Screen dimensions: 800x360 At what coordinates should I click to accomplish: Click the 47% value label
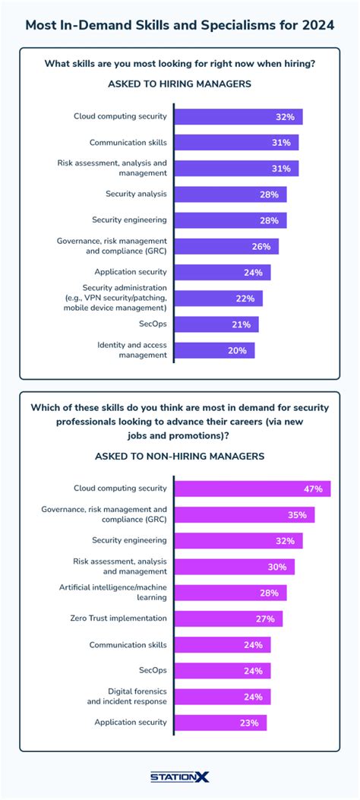pos(313,489)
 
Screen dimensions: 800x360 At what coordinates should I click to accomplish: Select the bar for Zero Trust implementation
pos(228,618)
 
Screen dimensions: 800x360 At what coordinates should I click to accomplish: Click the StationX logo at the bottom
pos(179,776)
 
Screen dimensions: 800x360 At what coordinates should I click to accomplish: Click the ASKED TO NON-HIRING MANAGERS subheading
pos(179,456)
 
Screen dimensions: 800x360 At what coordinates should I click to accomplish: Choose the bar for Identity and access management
pos(214,350)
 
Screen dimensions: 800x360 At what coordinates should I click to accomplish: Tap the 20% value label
pos(237,350)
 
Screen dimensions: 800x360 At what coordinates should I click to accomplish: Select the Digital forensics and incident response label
pos(125,696)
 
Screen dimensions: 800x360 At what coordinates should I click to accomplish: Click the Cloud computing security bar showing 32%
pos(238,117)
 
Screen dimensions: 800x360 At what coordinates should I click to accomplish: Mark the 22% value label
pos(245,299)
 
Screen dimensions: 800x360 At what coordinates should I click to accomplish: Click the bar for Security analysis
pos(230,194)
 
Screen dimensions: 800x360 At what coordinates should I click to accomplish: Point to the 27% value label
pos(265,618)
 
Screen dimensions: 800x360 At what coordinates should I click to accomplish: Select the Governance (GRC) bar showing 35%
pos(244,515)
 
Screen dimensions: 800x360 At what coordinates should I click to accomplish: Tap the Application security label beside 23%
pos(130,722)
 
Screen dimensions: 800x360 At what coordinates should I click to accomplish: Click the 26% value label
pos(261,246)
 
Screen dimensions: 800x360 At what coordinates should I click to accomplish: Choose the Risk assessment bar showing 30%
pos(234,567)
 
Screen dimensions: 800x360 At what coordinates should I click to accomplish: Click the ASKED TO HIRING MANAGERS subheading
pos(179,84)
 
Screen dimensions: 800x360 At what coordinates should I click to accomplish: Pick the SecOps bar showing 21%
pos(216,324)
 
